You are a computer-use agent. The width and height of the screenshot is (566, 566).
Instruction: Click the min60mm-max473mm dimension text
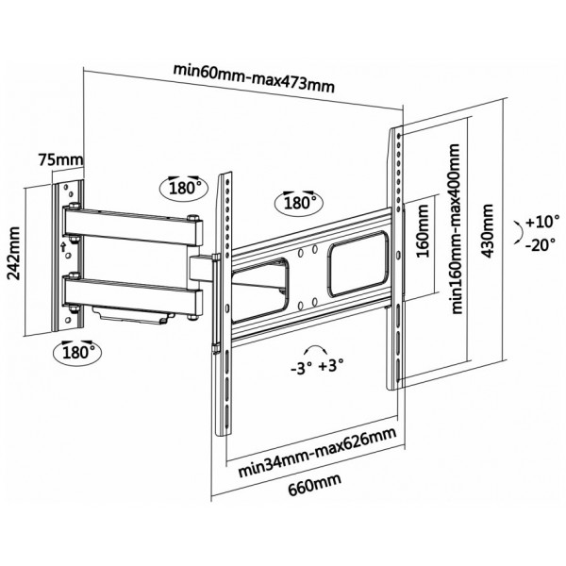(x=254, y=78)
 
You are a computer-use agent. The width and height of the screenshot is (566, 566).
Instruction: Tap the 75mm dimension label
(x=60, y=160)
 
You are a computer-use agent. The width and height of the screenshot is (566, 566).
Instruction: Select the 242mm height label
(x=14, y=253)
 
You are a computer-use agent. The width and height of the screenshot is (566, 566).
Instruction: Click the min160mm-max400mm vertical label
(x=457, y=229)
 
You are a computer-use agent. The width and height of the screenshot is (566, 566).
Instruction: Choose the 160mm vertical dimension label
(x=423, y=231)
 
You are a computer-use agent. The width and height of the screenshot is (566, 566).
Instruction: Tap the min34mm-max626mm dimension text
(x=317, y=452)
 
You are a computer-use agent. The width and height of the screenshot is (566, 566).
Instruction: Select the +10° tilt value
(x=542, y=222)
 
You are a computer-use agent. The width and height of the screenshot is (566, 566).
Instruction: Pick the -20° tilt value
(x=540, y=245)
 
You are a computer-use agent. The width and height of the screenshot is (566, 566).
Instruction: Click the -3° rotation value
(x=301, y=369)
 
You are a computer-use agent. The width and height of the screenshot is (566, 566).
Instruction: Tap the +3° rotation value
(x=331, y=365)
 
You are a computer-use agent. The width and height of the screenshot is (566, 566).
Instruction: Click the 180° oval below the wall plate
(x=77, y=352)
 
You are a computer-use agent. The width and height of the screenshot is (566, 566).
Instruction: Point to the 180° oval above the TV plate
(x=299, y=203)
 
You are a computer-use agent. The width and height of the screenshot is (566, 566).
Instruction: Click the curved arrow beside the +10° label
(x=519, y=232)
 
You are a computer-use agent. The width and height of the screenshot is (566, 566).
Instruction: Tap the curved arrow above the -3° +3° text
(x=315, y=348)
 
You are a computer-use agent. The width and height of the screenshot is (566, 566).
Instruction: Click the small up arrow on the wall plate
(x=63, y=247)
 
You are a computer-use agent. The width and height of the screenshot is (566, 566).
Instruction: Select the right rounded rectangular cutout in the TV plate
(x=358, y=263)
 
